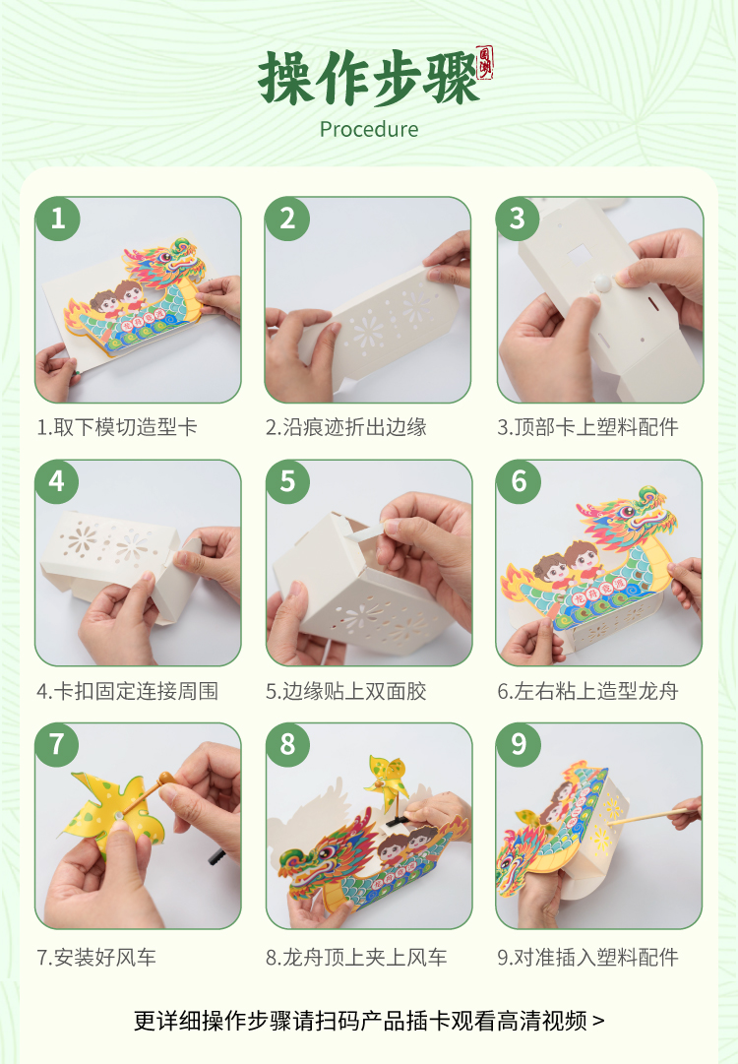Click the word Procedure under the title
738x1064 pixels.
click(369, 129)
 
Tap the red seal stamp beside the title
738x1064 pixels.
click(485, 63)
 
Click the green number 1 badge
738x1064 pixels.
click(58, 219)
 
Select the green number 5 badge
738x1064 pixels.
click(287, 481)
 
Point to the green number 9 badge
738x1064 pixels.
click(519, 744)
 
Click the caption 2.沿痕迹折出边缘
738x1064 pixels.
click(346, 427)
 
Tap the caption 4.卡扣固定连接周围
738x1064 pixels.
click(128, 691)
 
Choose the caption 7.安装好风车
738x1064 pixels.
click(96, 958)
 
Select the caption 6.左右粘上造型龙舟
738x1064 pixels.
click(587, 691)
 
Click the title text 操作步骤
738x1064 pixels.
click(368, 78)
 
